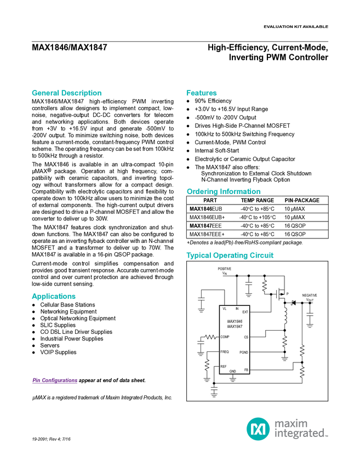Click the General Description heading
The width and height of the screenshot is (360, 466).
[66, 93]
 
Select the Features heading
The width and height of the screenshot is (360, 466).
[202, 93]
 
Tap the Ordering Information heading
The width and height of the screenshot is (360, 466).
[224, 191]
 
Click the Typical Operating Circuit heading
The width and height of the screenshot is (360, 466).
[230, 255]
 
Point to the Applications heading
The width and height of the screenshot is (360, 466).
[54, 296]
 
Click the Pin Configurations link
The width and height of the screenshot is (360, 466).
[55, 380]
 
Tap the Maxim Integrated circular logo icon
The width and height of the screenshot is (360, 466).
[258, 429]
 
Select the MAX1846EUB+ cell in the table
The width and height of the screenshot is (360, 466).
[207, 217]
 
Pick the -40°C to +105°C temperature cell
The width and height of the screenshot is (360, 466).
[258, 217]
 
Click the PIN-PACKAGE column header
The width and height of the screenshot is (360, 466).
[302, 200]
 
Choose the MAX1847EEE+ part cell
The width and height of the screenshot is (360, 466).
[207, 234]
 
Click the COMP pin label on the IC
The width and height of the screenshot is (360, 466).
[225, 337]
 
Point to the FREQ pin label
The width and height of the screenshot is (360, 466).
[225, 352]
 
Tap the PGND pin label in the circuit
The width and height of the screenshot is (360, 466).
[244, 353]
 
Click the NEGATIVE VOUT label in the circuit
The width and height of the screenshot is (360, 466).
[310, 298]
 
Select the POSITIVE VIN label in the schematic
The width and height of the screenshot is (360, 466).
[225, 271]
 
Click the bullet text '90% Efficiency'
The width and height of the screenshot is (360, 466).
[213, 101]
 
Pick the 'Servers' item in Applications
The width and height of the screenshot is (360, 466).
[50, 345]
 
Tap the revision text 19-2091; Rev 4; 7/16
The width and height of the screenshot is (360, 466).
[52, 439]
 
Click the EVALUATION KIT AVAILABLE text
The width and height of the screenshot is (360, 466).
[296, 27]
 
